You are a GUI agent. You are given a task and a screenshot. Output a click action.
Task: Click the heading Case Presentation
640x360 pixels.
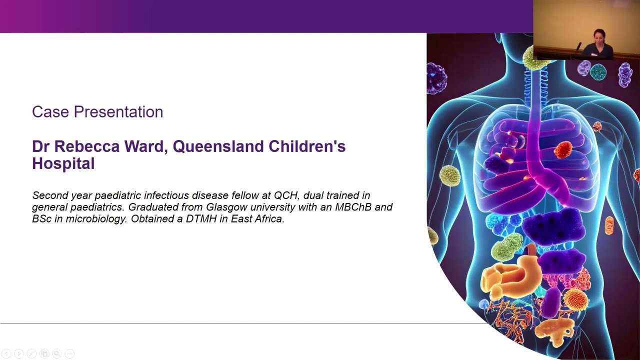[x=97, y=112]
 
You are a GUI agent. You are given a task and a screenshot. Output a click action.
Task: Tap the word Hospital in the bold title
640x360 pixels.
[x=63, y=163]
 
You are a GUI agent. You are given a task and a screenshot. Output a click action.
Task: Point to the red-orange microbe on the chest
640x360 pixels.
[x=563, y=150]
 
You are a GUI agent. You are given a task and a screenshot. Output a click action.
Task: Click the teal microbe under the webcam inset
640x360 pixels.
[x=598, y=71]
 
